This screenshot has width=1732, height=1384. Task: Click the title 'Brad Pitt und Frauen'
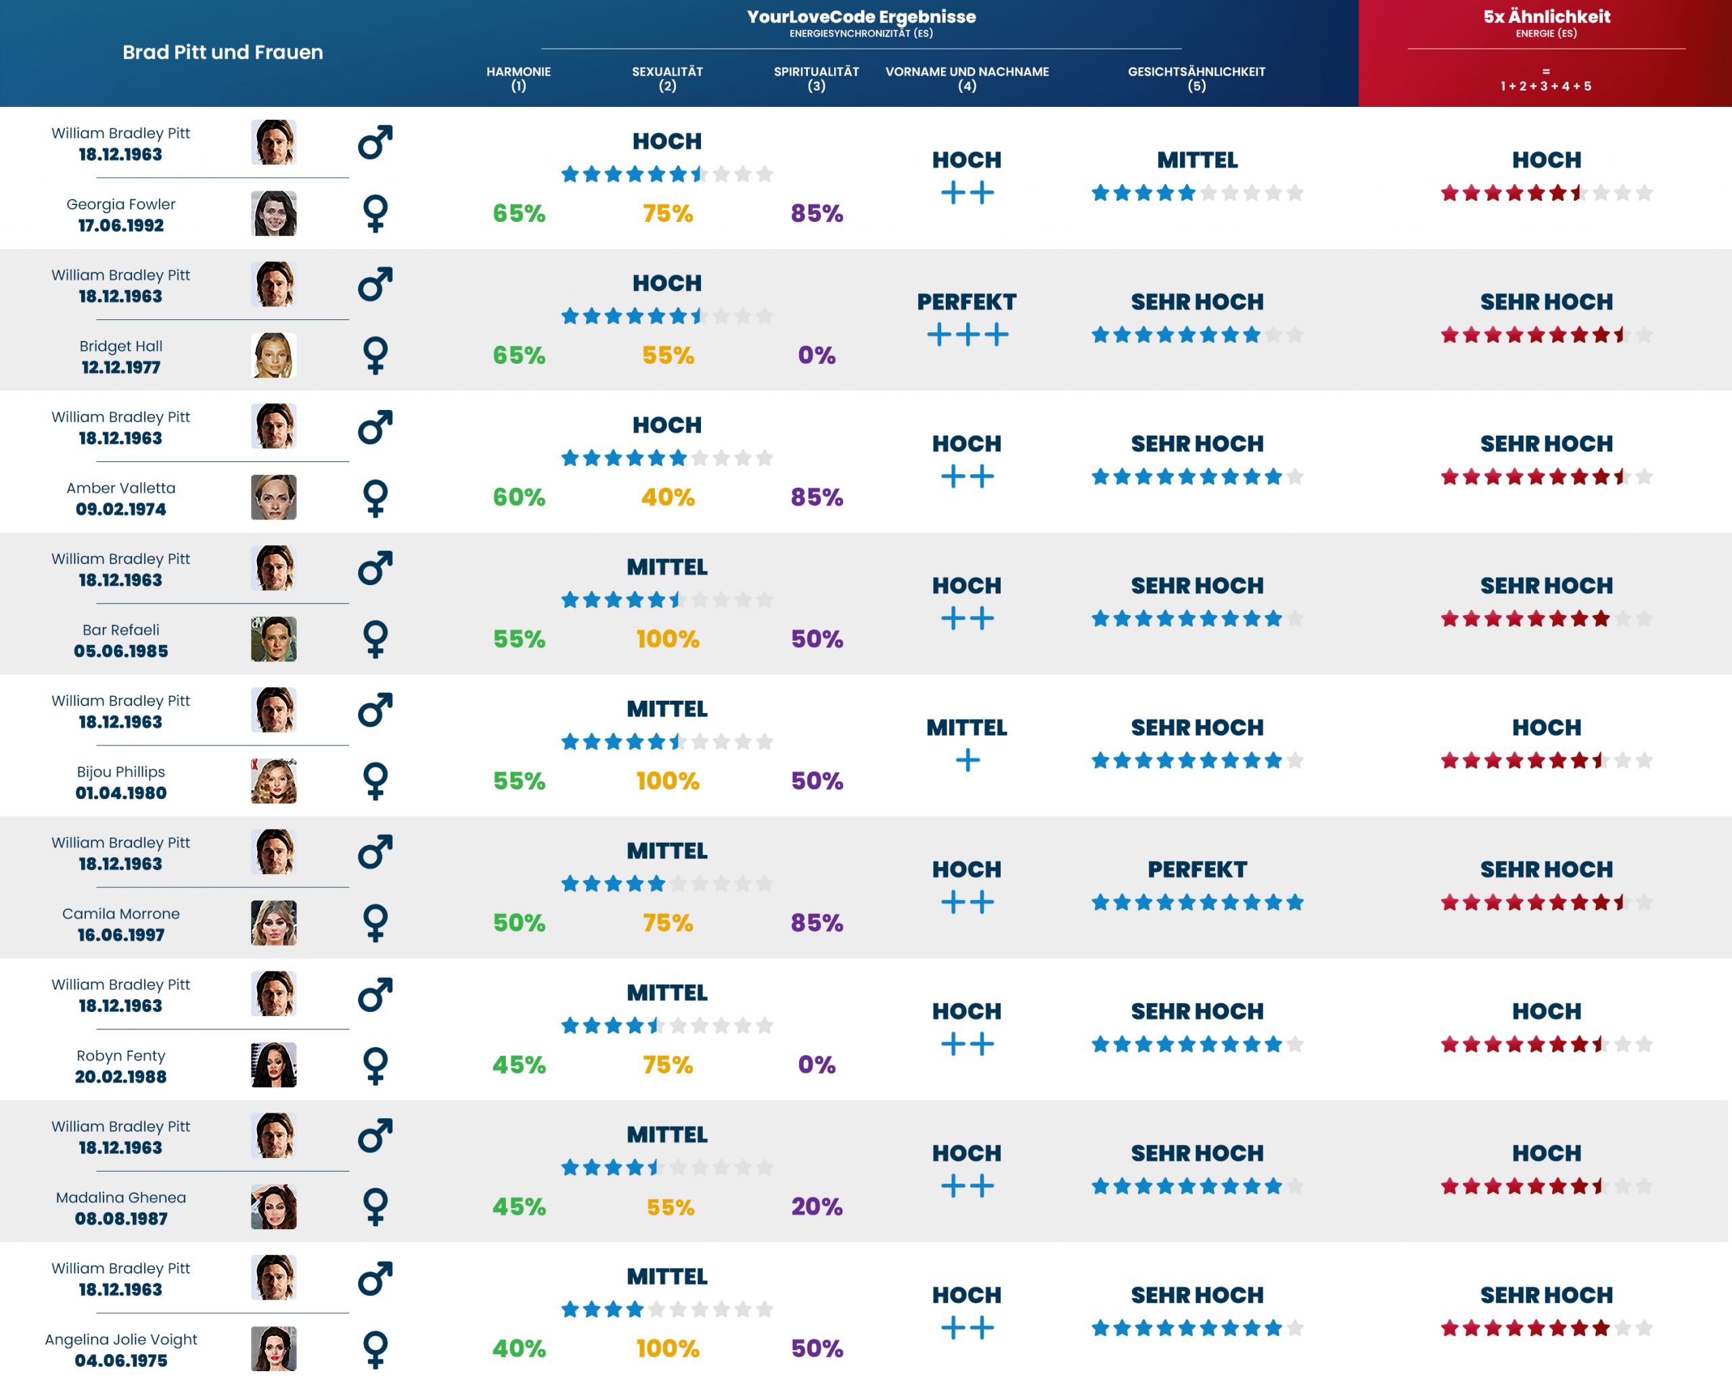[223, 52]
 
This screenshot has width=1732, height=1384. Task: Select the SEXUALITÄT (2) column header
[667, 78]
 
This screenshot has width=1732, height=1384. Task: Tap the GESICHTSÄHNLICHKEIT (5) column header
[1196, 78]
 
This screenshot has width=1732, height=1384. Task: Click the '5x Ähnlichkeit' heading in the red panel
[1547, 16]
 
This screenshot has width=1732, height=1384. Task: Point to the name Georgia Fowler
[120, 204]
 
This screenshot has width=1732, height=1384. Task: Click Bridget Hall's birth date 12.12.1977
[120, 367]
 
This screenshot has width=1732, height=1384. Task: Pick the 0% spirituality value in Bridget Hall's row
[816, 355]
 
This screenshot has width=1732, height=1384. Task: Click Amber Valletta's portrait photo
[273, 497]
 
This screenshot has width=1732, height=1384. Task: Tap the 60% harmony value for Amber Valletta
[519, 497]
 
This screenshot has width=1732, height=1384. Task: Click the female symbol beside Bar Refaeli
[375, 639]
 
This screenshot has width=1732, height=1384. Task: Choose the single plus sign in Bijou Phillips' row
[967, 760]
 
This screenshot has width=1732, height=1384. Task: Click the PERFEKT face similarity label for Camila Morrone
[1197, 869]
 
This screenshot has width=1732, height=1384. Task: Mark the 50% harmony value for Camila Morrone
[519, 923]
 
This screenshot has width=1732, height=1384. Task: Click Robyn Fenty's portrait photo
[273, 1065]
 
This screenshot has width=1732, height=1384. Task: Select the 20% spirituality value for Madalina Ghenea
[816, 1207]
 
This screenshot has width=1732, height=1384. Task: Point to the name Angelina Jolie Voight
[120, 1339]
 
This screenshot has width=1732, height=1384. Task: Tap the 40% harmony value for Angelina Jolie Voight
[519, 1349]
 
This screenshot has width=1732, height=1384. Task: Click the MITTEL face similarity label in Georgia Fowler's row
[1197, 160]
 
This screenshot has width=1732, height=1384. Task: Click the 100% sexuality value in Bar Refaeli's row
[668, 639]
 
